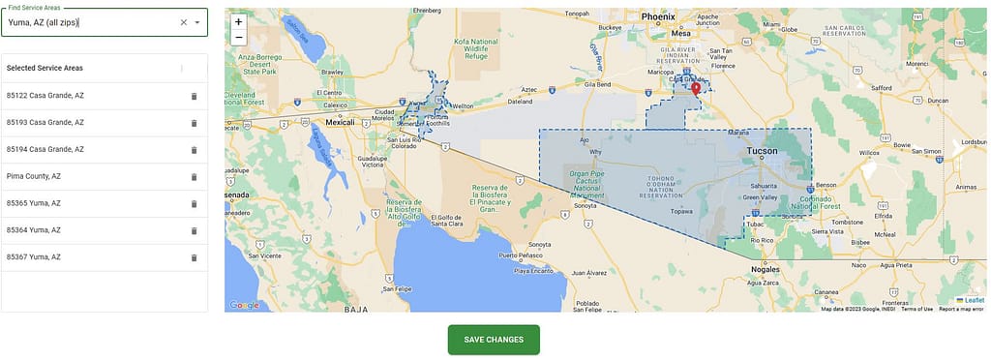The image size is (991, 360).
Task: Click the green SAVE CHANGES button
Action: pos(494,340)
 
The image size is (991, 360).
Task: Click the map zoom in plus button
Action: pos(239,21)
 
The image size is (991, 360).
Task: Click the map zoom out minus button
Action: pos(239,38)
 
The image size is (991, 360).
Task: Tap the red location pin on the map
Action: pos(695,89)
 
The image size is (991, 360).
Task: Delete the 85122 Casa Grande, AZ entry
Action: pos(194,96)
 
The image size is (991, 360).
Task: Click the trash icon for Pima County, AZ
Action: pos(194,177)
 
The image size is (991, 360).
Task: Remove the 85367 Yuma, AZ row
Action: pos(194,257)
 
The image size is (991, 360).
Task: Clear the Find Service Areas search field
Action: pos(184,22)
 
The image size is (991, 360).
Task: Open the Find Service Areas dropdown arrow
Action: pos(197,22)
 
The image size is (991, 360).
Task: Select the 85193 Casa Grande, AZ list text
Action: pos(45,123)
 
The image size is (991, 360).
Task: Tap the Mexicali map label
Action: pos(341,123)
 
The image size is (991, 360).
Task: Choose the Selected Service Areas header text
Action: pos(45,69)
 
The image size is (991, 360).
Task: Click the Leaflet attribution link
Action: pos(973,300)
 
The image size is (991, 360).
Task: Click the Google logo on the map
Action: pos(245,305)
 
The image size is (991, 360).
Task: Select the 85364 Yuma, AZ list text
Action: pos(34,230)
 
